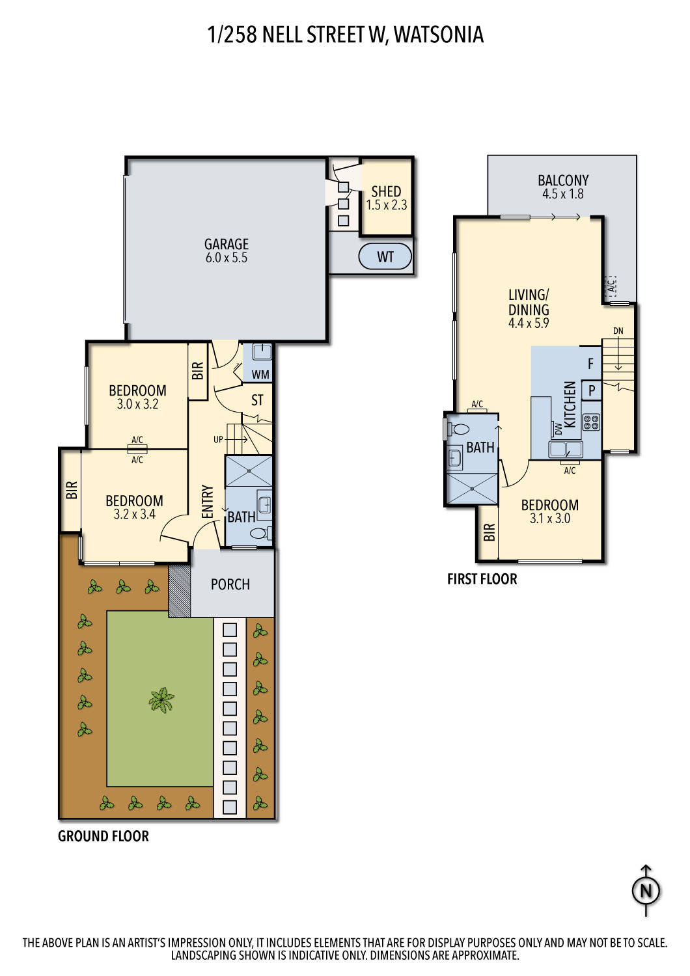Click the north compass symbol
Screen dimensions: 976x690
click(646, 890)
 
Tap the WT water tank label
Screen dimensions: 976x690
click(385, 256)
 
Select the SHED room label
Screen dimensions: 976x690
click(386, 191)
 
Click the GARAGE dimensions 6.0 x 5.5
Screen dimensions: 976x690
click(226, 258)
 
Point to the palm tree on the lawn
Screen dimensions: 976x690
click(160, 700)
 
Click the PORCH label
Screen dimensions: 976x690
click(230, 584)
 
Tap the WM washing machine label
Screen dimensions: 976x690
click(260, 375)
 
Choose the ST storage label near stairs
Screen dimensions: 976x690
click(257, 400)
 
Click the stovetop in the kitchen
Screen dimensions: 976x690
click(591, 422)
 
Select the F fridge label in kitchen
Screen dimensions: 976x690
click(590, 364)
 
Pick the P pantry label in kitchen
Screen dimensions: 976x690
click(591, 391)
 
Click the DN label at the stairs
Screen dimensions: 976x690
click(618, 331)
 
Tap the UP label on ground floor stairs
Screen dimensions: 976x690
click(218, 440)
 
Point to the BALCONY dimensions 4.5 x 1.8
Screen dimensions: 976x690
click(562, 194)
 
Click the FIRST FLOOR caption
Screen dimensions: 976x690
click(482, 579)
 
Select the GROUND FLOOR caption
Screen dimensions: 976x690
click(103, 836)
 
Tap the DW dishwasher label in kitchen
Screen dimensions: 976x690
click(559, 429)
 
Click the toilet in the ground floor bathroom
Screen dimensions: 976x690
click(258, 534)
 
